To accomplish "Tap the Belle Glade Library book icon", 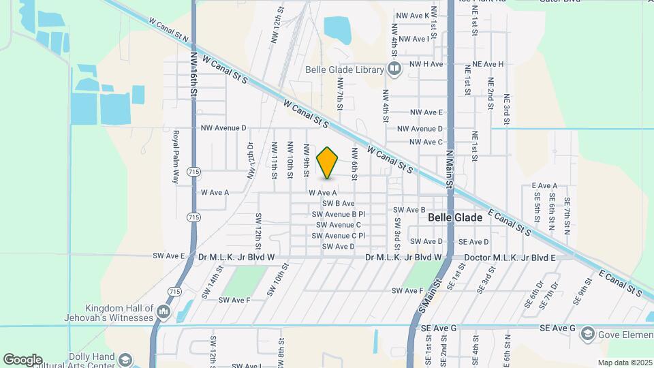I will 394,69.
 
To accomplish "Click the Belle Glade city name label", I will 455,217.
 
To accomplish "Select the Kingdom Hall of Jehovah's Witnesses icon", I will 163,312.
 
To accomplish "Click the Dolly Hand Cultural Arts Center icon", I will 125,359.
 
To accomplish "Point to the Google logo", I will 22,360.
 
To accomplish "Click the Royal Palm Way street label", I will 176,157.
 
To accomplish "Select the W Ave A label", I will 322,193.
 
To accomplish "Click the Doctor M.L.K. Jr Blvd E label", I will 510,258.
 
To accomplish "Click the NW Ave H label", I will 426,64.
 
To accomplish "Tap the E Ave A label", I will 544,185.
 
